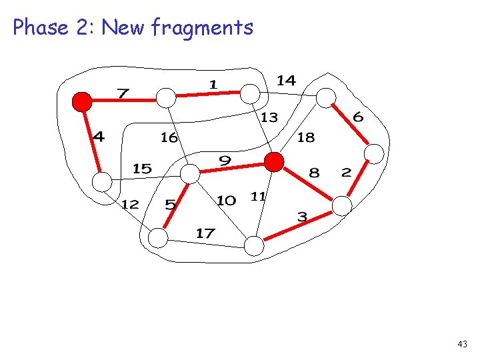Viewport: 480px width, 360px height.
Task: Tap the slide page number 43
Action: click(463, 344)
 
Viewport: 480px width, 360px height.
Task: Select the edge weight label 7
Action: click(123, 93)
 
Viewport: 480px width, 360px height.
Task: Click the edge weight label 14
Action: click(286, 81)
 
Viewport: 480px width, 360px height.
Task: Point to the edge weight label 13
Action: click(269, 118)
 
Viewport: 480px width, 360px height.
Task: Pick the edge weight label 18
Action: click(305, 138)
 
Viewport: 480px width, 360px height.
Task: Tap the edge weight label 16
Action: click(169, 138)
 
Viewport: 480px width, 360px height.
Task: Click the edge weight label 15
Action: click(142, 169)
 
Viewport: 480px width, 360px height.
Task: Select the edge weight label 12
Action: click(129, 204)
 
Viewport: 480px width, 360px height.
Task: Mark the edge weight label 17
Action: click(205, 233)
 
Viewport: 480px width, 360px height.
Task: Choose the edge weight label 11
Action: click(258, 196)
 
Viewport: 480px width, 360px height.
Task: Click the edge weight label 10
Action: click(226, 200)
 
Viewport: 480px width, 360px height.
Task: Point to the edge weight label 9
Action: click(225, 160)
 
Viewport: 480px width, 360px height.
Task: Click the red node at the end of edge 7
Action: click(82, 101)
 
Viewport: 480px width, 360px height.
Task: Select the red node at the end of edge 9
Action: click(273, 162)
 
